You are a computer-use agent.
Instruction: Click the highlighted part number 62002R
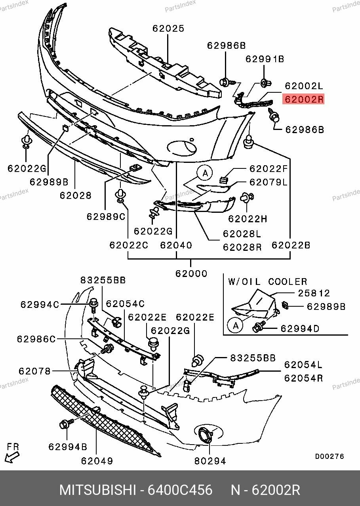(x=303, y=99)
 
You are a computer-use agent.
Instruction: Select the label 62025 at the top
(x=168, y=29)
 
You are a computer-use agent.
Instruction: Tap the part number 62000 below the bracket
(x=191, y=273)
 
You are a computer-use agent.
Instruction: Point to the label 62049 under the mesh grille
(x=97, y=461)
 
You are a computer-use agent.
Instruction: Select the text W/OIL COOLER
(x=267, y=282)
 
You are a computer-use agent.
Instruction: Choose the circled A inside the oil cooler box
(x=235, y=325)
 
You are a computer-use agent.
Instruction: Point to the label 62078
(x=34, y=371)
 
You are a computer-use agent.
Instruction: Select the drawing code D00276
(x=330, y=456)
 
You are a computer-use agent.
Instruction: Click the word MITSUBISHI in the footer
(x=97, y=490)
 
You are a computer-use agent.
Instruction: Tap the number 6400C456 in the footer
(x=180, y=490)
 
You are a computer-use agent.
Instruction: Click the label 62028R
(x=242, y=247)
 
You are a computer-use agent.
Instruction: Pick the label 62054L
(x=303, y=365)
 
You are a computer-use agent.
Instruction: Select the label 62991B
(x=265, y=59)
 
